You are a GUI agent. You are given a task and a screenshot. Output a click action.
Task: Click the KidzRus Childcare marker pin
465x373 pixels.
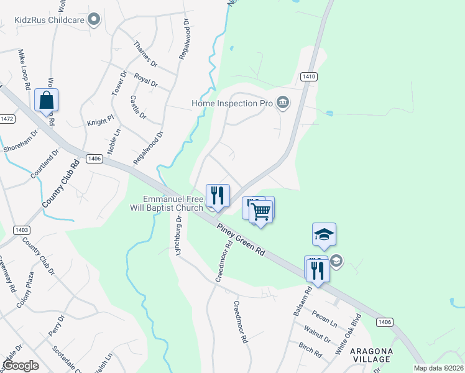click(94, 21)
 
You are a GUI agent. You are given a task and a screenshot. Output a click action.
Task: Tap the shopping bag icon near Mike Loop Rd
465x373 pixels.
click(47, 99)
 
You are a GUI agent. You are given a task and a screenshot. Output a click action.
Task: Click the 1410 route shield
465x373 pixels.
click(309, 76)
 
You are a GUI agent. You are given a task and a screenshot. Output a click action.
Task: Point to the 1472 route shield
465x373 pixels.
click(7, 119)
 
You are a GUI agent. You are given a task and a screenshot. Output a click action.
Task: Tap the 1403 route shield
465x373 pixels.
click(21, 230)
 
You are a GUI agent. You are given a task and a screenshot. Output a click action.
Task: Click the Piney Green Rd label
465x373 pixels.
click(241, 241)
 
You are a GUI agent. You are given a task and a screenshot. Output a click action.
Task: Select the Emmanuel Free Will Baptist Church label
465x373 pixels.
click(173, 203)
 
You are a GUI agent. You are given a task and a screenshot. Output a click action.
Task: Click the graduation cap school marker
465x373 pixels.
click(324, 234)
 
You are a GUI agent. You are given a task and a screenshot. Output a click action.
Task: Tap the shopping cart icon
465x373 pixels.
click(262, 211)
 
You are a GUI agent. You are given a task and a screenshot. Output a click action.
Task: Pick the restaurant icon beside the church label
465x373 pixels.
click(218, 195)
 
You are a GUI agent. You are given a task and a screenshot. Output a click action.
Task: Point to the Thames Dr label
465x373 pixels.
click(146, 55)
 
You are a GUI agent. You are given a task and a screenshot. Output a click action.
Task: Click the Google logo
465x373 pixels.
click(21, 366)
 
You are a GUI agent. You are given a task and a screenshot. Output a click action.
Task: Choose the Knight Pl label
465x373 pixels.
click(101, 122)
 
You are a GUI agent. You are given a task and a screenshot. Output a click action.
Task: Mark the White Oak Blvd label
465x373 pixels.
click(348, 339)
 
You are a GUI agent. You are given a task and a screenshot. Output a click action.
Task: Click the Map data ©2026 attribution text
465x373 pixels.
click(438, 368)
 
